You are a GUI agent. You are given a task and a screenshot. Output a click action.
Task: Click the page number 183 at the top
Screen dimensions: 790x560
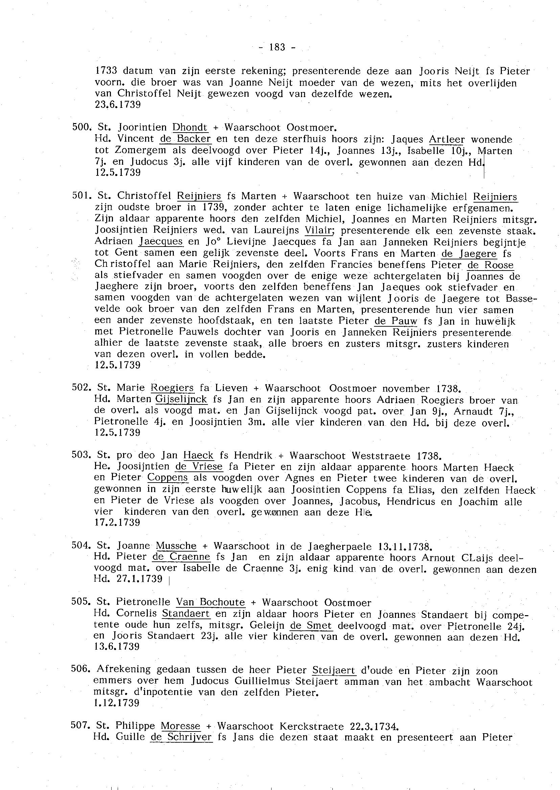(277, 47)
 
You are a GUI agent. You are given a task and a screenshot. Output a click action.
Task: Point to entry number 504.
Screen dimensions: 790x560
(80, 546)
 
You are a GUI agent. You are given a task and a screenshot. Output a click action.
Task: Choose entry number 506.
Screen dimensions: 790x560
(80, 669)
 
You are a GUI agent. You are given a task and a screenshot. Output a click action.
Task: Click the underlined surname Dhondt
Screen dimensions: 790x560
(190, 127)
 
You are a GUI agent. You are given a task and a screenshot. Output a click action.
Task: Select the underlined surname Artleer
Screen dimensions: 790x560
(447, 139)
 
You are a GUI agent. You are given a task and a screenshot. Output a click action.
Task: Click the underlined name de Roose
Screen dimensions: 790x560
(490, 265)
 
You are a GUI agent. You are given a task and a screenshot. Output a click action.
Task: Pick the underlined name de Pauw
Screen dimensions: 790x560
(396, 321)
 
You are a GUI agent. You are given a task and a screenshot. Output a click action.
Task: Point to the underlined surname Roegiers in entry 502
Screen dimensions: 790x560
(172, 388)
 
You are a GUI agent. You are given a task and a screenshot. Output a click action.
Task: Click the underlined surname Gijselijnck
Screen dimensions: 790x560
(181, 399)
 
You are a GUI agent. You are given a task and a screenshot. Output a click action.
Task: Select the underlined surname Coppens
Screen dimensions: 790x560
(168, 478)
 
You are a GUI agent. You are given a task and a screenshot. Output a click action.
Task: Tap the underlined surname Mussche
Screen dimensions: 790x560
(176, 546)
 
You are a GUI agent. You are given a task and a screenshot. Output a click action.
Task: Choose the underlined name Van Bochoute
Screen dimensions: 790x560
(210, 602)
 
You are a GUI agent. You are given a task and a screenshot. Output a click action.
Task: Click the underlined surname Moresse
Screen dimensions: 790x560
(180, 726)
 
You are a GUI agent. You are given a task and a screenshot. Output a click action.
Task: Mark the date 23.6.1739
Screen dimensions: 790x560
(118, 105)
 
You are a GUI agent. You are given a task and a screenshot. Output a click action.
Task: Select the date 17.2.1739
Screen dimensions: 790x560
(117, 522)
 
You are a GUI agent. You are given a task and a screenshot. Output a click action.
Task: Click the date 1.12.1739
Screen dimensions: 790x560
(116, 703)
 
